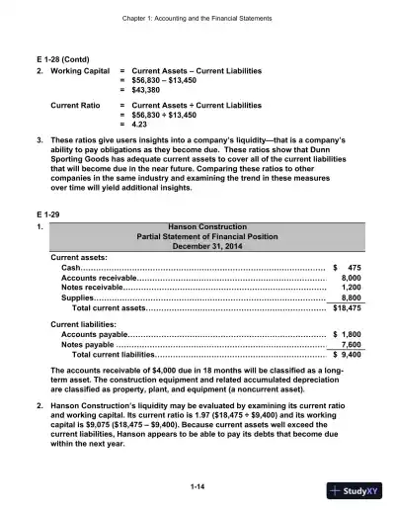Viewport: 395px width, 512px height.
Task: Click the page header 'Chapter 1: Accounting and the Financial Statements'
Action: click(197, 19)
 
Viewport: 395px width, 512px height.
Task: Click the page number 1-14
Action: click(197, 486)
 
